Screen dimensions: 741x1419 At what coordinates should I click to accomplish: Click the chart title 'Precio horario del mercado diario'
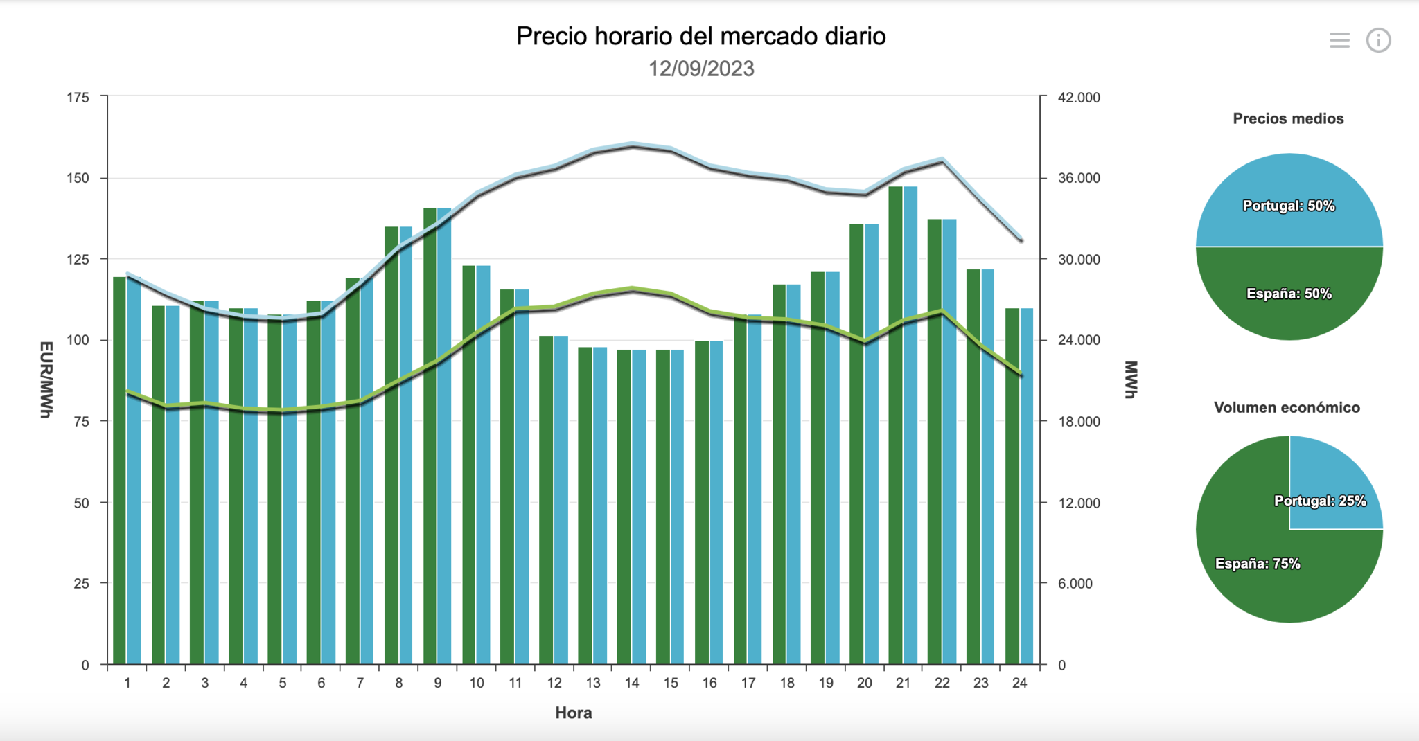tap(700, 37)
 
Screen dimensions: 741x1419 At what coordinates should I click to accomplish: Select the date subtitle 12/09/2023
tap(700, 69)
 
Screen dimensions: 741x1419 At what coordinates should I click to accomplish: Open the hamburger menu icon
tap(1339, 40)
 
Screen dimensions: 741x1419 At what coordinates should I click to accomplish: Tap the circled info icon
tap(1378, 40)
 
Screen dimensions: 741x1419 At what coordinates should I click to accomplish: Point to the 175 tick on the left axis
tap(78, 98)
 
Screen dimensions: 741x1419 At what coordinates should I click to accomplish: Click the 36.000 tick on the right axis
tap(1079, 178)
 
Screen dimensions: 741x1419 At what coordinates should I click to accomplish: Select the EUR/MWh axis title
tap(46, 380)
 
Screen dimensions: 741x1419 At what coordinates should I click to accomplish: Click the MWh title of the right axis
tap(1131, 380)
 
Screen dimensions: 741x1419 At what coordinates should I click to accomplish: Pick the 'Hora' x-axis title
tap(573, 713)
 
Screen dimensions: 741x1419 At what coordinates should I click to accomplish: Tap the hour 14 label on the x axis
tap(632, 683)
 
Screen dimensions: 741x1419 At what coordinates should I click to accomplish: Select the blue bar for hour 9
tap(444, 436)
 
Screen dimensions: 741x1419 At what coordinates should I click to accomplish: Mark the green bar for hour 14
tap(624, 506)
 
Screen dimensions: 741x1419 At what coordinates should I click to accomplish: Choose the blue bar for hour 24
tap(1026, 485)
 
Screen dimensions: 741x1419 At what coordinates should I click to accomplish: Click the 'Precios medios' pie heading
tap(1288, 118)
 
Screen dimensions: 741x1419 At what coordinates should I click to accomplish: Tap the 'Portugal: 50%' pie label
tap(1288, 206)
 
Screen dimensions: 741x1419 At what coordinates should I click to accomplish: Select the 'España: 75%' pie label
tap(1257, 564)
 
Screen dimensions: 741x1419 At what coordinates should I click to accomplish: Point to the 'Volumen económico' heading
tap(1287, 407)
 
